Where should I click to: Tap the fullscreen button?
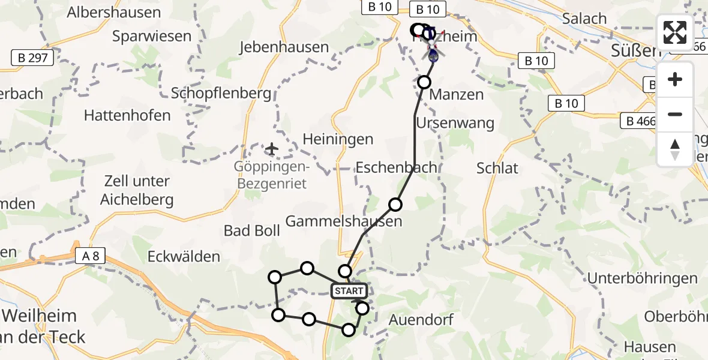point(675,32)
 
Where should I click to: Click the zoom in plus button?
point(675,79)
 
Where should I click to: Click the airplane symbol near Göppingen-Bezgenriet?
point(272,148)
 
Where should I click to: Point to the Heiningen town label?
point(338,139)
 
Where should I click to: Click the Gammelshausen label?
point(344,221)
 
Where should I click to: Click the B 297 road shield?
point(33,58)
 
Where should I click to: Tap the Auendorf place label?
point(421,319)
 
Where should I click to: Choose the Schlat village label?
point(497,168)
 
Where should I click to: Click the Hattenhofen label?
point(127,115)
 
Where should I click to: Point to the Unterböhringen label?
point(643,278)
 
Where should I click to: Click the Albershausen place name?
point(114,13)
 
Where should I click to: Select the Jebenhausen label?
point(284,47)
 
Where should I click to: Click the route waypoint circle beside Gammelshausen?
point(395,205)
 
